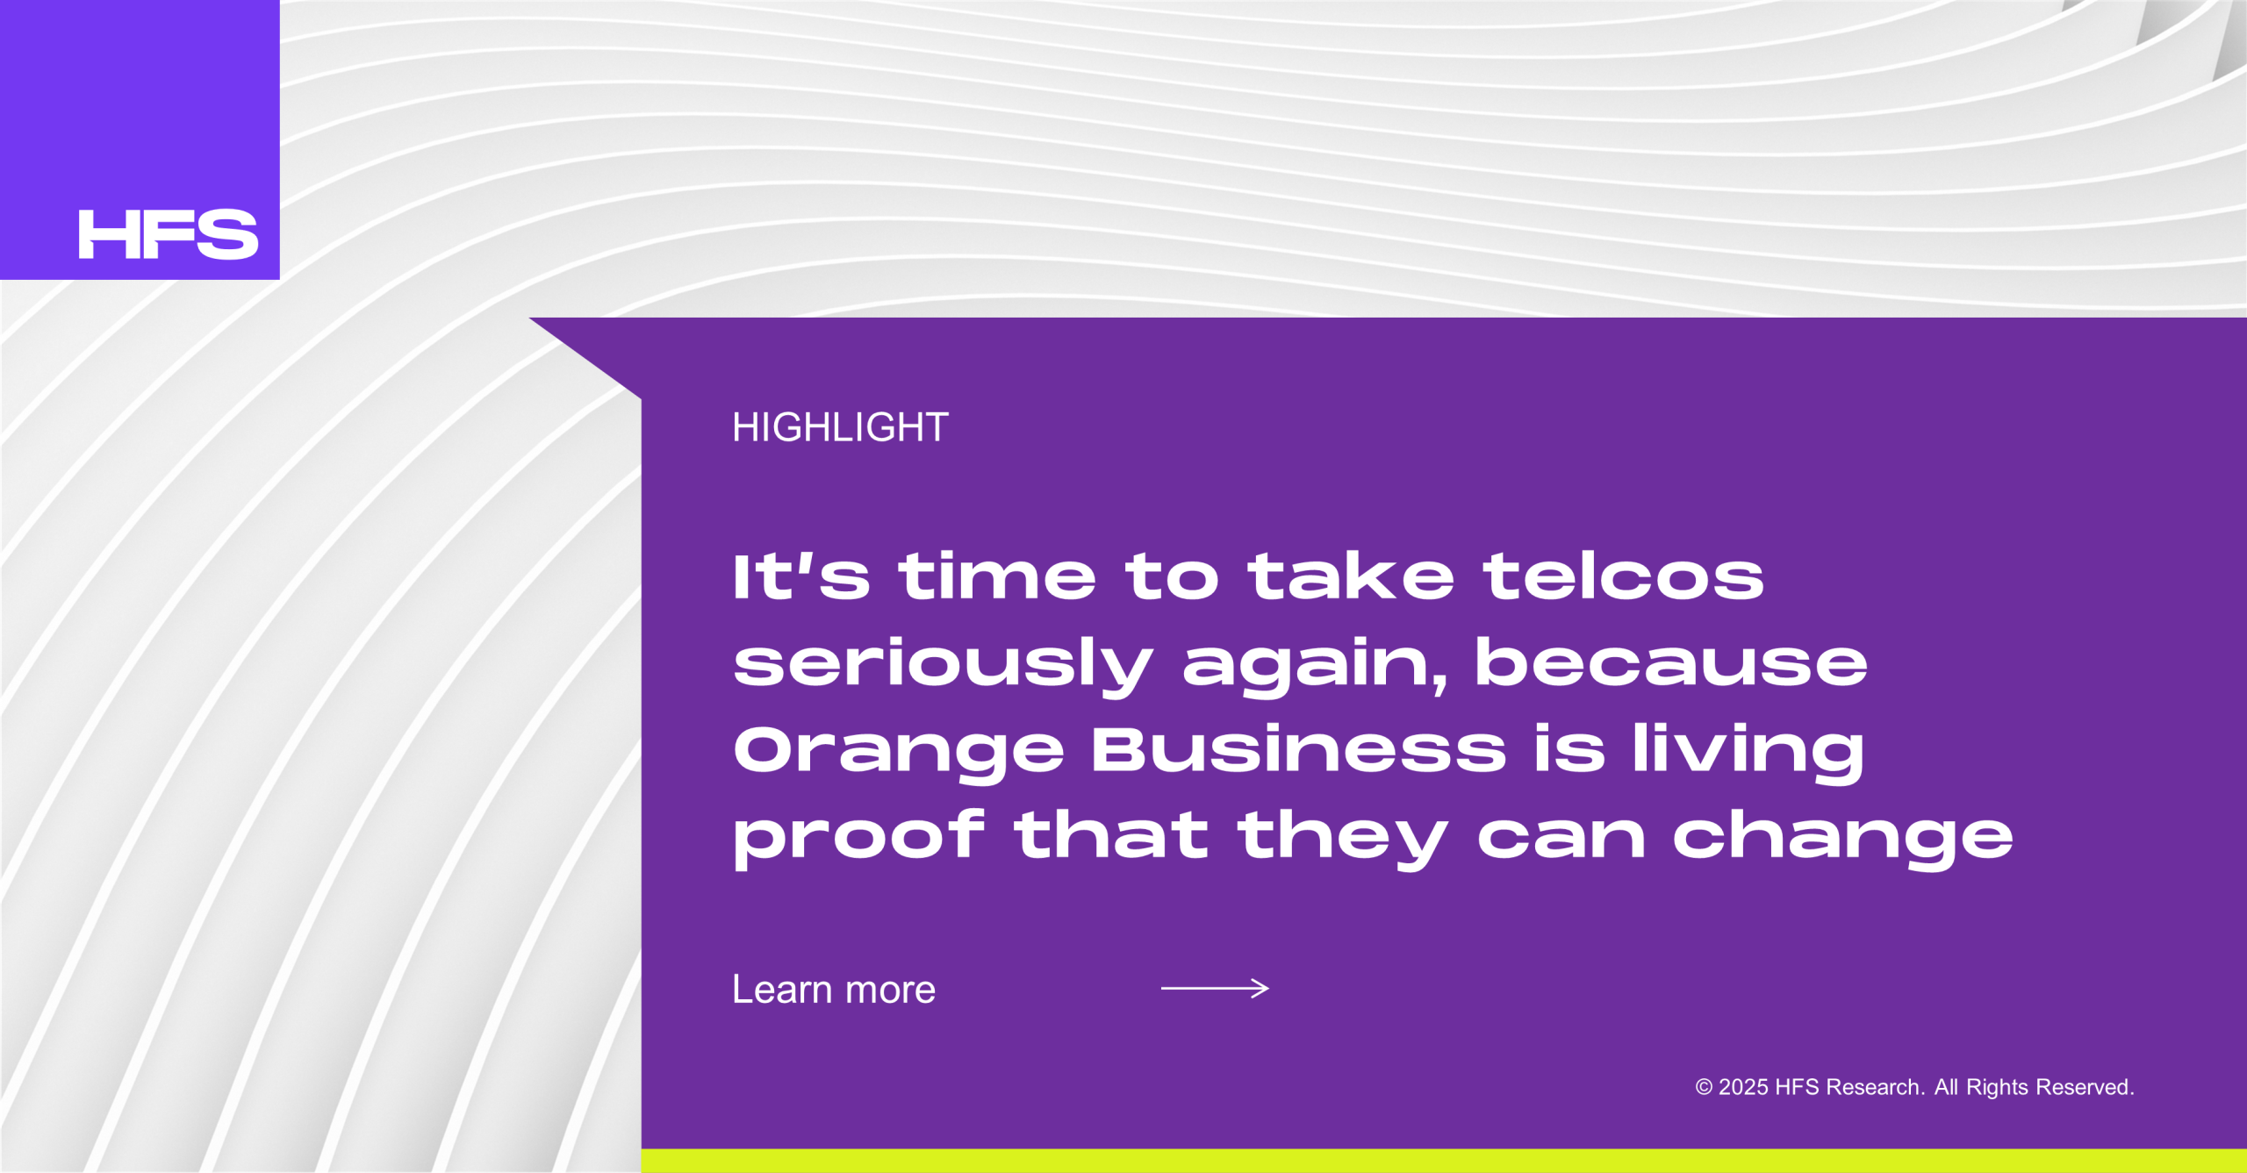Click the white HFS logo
169,234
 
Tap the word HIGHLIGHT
840,427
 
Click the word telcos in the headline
1623,576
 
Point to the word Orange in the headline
899,753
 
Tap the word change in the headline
1842,838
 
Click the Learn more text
834,990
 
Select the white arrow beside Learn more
1215,989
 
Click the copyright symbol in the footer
1704,1087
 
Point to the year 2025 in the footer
1742,1087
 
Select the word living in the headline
1748,753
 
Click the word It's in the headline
801,576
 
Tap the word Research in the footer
1876,1087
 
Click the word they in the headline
1342,838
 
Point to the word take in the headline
1351,576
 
